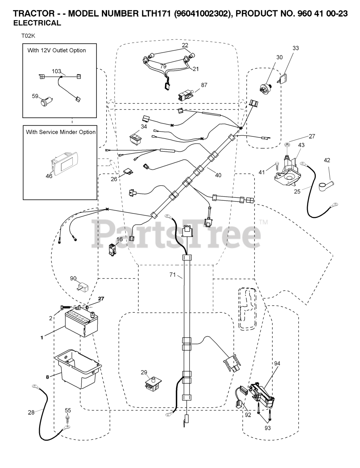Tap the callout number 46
click(49, 176)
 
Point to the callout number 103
click(56, 71)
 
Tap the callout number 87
click(204, 85)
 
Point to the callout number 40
click(218, 175)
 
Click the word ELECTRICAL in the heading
click(37, 23)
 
